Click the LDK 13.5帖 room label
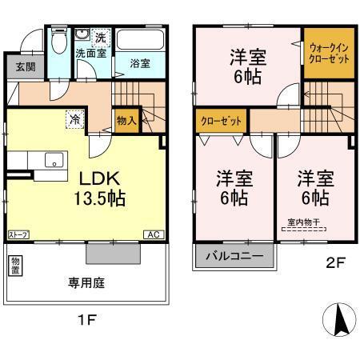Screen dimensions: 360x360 click(100, 186)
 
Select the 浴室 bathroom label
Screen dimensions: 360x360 click(141, 63)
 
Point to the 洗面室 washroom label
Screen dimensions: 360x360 click(90, 54)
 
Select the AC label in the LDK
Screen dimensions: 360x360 click(151, 234)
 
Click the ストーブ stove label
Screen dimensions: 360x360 click(18, 234)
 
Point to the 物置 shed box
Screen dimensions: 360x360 click(17, 266)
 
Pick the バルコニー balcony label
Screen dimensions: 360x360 click(234, 258)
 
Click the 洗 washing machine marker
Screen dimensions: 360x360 click(100, 37)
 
